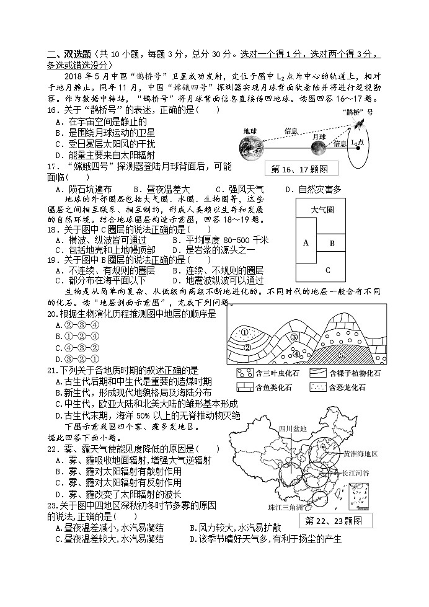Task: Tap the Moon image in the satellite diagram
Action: pos(318,148)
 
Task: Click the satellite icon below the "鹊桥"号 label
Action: pos(359,125)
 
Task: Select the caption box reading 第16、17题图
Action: pos(299,169)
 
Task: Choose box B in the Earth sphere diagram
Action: pos(332,243)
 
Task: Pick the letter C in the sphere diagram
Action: pos(328,270)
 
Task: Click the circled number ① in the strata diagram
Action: pos(244,332)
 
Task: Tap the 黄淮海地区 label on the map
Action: pos(360,453)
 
